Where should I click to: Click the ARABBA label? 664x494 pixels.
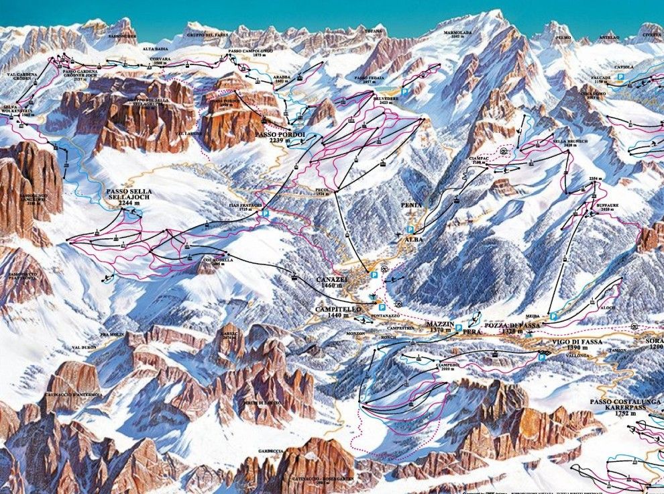click(x=282, y=77)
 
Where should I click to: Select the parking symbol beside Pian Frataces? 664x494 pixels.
click(x=266, y=213)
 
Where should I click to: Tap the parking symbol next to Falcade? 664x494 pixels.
click(x=621, y=78)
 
